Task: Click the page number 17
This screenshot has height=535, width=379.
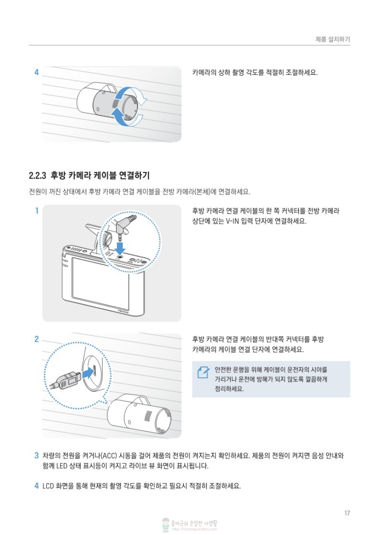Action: click(x=347, y=513)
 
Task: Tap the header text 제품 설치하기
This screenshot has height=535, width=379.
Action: click(x=333, y=39)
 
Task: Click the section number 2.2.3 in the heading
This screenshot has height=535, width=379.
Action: click(x=37, y=176)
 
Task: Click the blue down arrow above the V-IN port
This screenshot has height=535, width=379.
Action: click(x=119, y=249)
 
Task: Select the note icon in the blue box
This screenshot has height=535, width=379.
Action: click(x=203, y=372)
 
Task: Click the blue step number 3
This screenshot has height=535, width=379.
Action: click(x=37, y=455)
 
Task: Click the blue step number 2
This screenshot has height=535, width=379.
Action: click(x=37, y=339)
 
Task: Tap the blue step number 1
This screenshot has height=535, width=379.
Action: click(x=37, y=211)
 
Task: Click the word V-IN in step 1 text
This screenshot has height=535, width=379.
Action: click(x=232, y=221)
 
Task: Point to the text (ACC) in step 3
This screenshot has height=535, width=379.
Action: click(x=109, y=456)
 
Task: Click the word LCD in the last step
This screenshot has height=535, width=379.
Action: click(x=48, y=486)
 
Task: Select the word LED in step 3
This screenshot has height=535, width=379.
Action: click(x=62, y=466)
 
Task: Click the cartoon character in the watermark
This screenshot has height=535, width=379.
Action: click(x=166, y=524)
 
